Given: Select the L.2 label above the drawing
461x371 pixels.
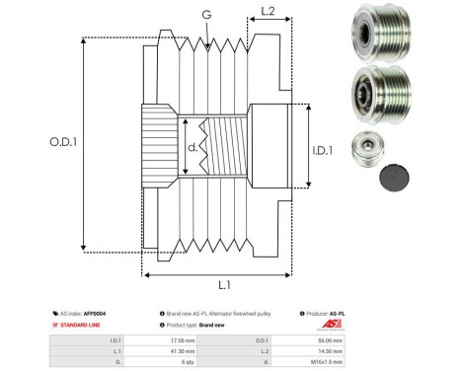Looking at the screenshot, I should pos(268,13).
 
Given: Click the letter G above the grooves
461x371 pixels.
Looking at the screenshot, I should pos(205,15).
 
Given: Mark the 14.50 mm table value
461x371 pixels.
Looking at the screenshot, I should pos(331,350).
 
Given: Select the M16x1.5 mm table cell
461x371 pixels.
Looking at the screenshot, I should pos(329,362).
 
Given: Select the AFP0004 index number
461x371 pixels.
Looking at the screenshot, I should pos(94,313).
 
